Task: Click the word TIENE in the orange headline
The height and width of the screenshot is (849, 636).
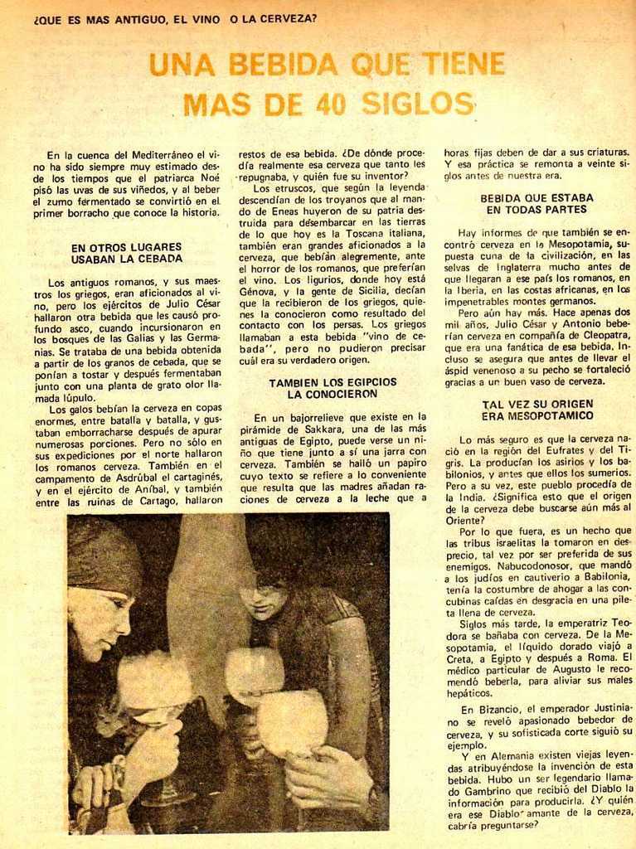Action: point(463,64)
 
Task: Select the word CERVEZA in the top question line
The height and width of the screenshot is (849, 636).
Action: point(289,17)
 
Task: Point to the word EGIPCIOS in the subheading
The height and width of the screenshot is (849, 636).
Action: point(367,382)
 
